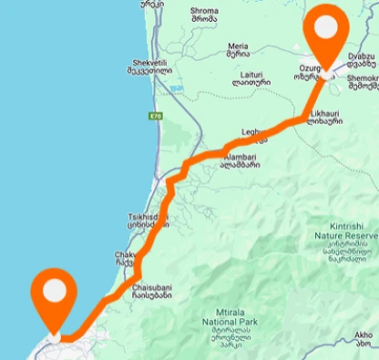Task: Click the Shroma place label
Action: pyautogui.click(x=204, y=16)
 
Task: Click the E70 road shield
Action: pyautogui.click(x=157, y=117)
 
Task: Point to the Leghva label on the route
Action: pyautogui.click(x=253, y=134)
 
